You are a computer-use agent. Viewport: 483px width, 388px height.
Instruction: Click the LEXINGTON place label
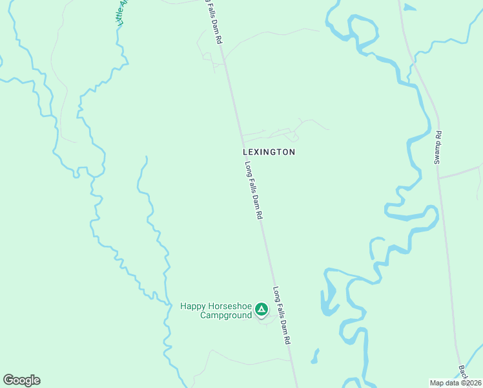pos(269,152)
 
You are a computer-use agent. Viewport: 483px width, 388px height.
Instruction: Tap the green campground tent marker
pos(262,310)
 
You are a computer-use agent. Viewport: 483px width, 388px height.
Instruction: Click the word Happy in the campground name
pos(192,306)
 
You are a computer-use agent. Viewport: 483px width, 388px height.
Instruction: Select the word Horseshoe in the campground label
pos(229,306)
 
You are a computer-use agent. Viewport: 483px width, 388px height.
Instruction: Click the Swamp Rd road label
pos(437,147)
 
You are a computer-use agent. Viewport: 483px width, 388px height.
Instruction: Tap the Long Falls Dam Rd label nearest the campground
pos(282,315)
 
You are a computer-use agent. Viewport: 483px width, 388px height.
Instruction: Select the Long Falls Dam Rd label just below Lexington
pos(254,191)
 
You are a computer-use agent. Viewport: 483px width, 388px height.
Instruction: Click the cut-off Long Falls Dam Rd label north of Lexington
pos(215,21)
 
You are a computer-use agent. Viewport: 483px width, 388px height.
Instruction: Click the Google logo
pos(21,380)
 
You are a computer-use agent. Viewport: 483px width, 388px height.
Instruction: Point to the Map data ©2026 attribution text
pos(456,383)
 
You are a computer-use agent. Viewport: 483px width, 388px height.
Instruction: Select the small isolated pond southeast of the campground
pos(314,356)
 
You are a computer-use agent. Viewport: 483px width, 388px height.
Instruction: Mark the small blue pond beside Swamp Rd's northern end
pos(409,8)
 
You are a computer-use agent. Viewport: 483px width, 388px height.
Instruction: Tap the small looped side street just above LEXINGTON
pos(293,135)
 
